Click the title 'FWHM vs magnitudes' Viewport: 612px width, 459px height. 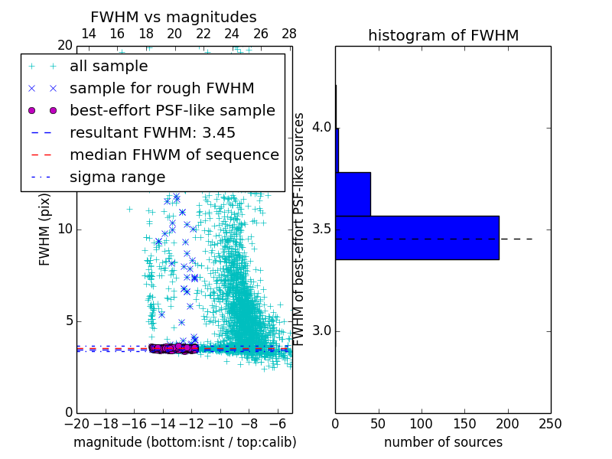[174, 17]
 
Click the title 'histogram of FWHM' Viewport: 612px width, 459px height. [443, 35]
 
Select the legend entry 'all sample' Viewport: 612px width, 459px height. [109, 67]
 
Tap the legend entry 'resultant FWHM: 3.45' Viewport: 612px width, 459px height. [152, 132]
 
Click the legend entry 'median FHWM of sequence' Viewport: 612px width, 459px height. [174, 155]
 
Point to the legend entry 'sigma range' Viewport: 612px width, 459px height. [117, 177]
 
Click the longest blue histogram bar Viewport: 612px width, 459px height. [417, 238]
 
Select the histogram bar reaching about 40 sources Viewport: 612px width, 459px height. [353, 194]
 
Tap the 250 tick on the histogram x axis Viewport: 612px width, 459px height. [550, 422]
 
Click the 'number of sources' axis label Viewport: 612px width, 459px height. [443, 442]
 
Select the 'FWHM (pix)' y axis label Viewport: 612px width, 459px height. [45, 229]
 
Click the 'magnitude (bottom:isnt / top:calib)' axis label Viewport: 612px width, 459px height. [184, 442]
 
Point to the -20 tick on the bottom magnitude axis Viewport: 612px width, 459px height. [76, 423]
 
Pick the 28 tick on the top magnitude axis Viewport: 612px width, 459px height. [289, 34]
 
